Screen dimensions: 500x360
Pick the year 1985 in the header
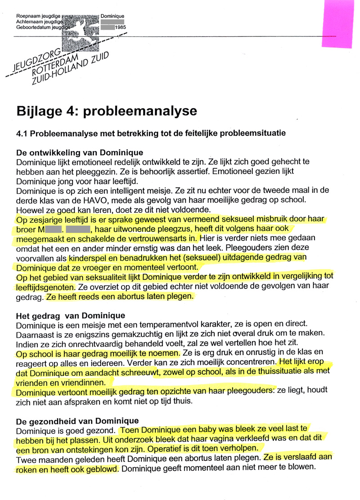(x=120, y=27)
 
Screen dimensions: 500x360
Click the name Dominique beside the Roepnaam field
(x=112, y=16)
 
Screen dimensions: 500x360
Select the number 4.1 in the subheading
(x=22, y=133)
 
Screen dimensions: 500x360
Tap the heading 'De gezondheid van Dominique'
(x=77, y=421)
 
